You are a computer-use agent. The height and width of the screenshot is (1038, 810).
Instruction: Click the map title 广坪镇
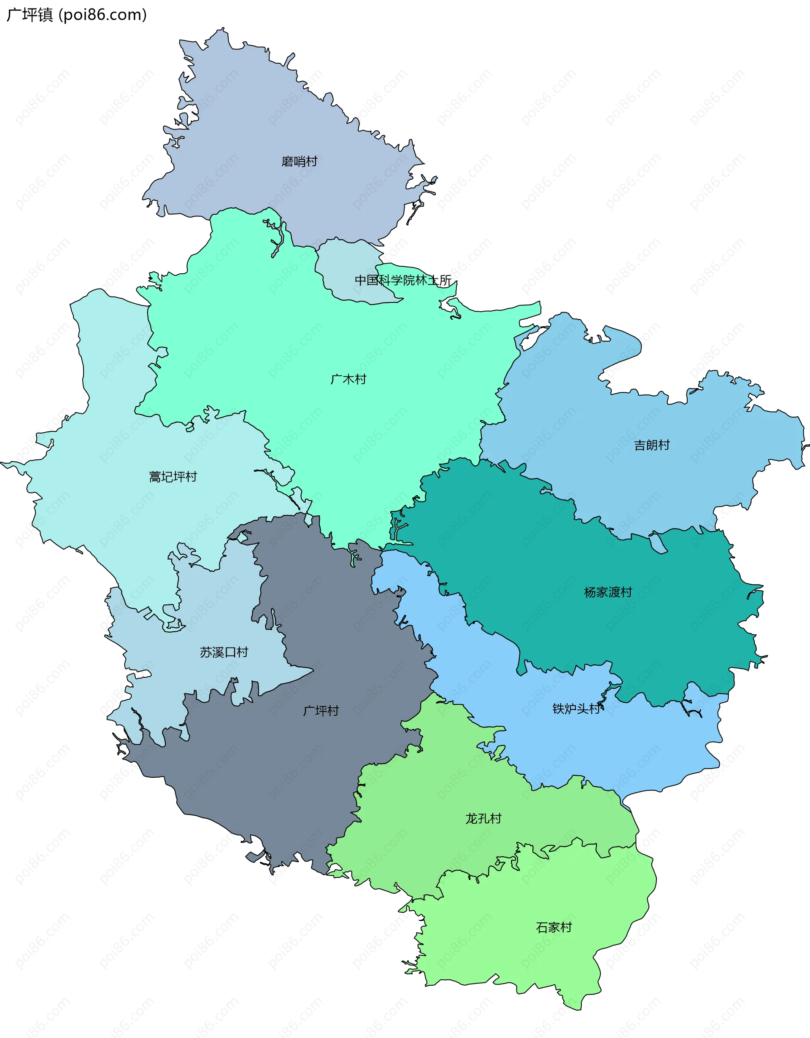30,15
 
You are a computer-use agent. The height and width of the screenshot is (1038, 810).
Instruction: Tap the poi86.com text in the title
103,15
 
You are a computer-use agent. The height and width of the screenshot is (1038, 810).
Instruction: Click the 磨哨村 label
300,162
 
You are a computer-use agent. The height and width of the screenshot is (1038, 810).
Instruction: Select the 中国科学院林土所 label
403,280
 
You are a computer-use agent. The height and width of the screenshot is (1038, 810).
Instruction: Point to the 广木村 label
348,379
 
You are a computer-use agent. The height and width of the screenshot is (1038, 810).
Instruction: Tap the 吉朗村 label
652,445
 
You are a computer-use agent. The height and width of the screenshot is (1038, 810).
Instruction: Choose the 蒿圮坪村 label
173,477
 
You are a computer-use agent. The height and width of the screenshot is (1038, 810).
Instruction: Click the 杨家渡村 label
608,592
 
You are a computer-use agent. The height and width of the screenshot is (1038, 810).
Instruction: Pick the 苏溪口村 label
224,652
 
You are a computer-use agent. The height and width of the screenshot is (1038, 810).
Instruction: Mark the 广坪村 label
321,711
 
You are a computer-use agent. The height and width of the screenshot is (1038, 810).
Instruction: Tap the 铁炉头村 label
576,709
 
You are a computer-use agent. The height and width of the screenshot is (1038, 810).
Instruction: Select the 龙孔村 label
483,818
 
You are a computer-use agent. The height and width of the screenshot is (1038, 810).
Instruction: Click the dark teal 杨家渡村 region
547,547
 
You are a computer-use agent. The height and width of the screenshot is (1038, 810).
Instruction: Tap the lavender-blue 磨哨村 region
266,119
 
